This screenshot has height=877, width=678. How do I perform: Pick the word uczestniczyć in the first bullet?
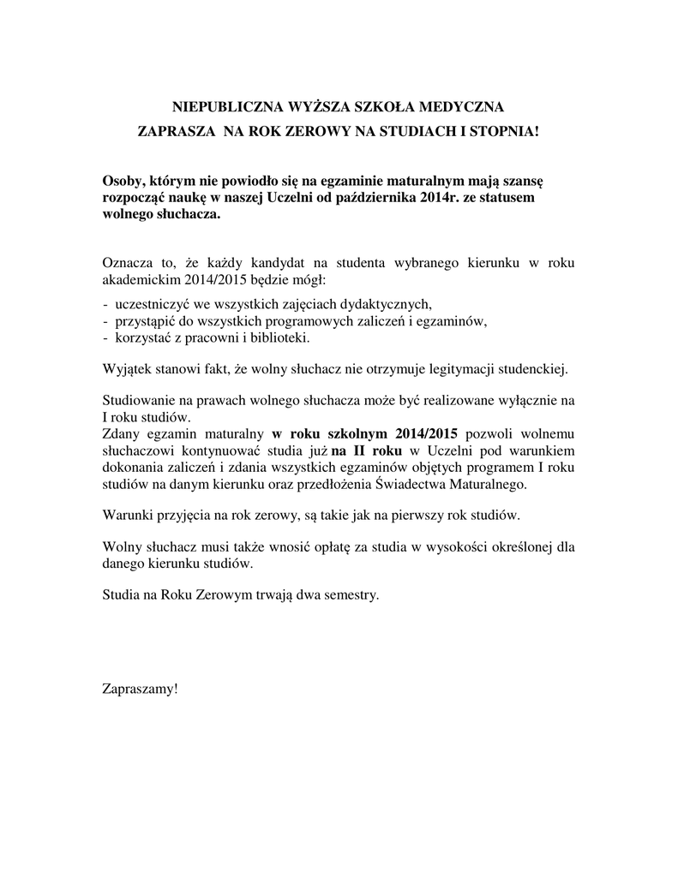152,304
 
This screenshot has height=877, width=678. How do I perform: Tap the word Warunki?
128,516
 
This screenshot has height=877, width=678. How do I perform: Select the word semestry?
346,594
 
